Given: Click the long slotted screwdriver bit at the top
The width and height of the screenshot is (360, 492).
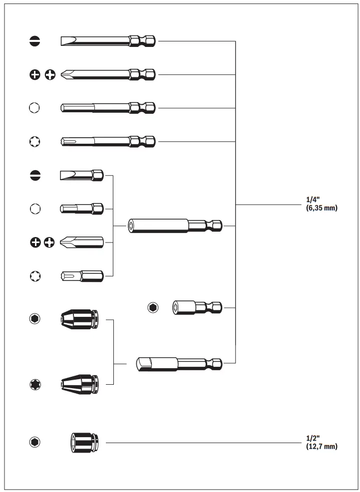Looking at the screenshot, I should (107, 41).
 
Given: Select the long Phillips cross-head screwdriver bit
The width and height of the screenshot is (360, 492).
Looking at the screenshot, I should (107, 75).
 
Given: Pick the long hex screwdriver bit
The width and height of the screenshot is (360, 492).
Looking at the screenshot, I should (107, 108).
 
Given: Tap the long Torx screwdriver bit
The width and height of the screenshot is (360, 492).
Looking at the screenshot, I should (107, 141).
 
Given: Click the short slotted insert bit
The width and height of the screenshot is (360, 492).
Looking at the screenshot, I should (81, 175).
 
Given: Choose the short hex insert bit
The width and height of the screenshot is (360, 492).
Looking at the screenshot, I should (81, 209).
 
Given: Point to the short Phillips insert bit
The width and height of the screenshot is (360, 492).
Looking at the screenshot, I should (81, 243).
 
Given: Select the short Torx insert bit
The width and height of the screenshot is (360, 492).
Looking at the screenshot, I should (81, 275).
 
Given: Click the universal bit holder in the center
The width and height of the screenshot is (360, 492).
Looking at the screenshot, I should (175, 226).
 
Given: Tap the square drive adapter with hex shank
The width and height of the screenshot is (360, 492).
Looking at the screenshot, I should (178, 363).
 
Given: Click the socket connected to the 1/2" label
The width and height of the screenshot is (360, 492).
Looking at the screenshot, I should (84, 442).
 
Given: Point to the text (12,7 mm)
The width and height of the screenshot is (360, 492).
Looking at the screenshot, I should (321, 446).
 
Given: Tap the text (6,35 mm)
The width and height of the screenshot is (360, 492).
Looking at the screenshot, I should (321, 208).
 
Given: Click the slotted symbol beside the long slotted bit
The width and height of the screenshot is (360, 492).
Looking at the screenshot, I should (34, 41).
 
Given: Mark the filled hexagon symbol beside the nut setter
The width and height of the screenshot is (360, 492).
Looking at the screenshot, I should (153, 307).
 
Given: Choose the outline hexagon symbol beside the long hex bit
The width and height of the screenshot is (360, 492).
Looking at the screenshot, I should (34, 108).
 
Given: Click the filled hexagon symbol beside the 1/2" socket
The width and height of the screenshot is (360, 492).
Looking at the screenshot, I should (35, 442).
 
